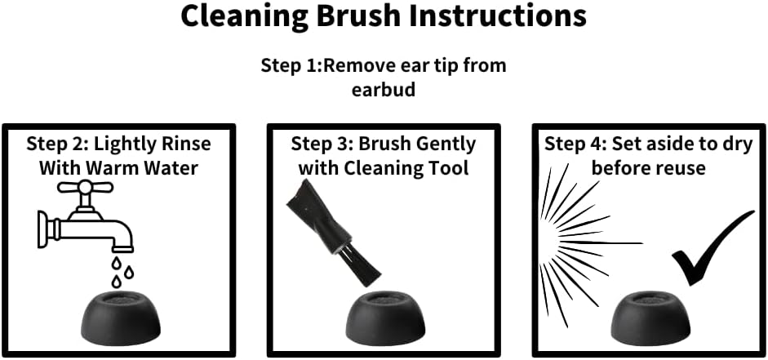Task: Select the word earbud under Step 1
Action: [x=384, y=90]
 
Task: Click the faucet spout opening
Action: [x=123, y=249]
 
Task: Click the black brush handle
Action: [x=313, y=216]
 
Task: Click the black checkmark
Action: [x=713, y=247]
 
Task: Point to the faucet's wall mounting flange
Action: [x=43, y=229]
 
